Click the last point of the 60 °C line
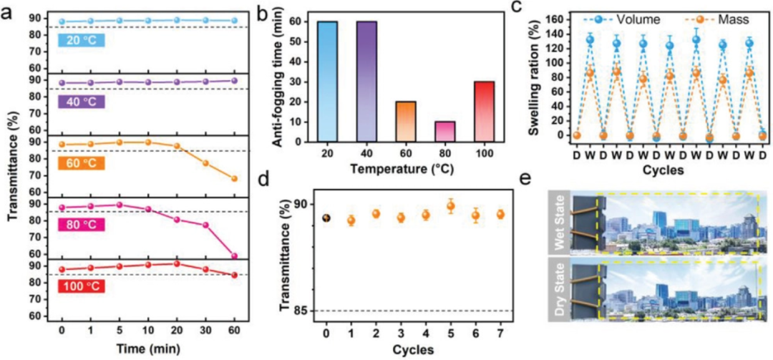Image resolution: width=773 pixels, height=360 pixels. tap(234, 178)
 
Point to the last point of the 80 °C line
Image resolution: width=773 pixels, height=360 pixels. tap(234, 256)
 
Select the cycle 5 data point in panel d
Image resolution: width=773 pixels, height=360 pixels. tap(450, 207)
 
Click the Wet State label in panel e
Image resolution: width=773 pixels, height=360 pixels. tap(558, 222)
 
